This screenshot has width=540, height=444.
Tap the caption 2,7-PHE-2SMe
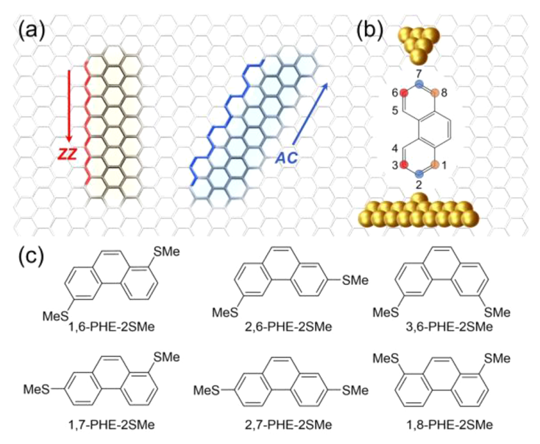[x=283, y=424]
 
